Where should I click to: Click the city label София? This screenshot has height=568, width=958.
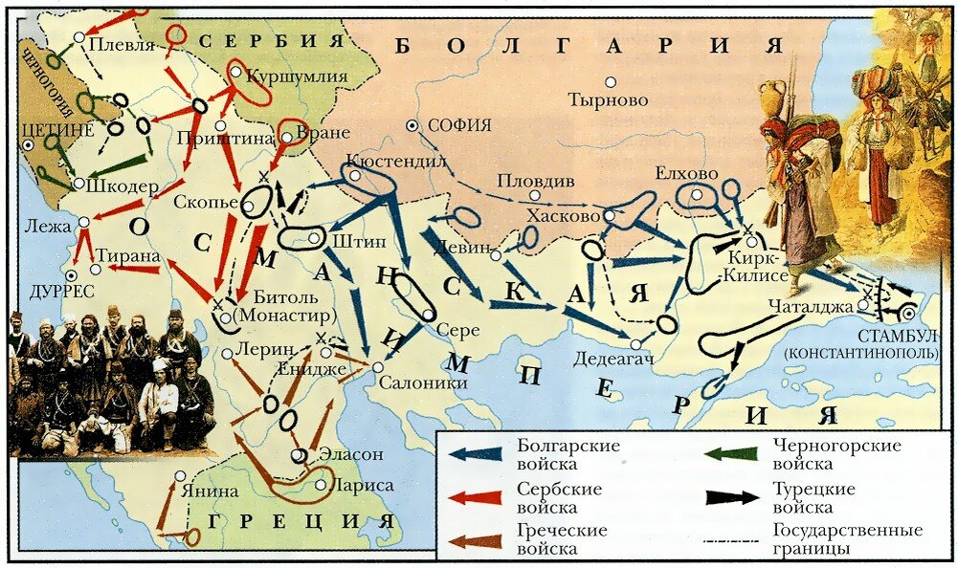click(459, 124)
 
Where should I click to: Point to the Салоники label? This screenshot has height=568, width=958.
click(423, 382)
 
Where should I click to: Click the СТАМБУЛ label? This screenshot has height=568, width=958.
click(900, 337)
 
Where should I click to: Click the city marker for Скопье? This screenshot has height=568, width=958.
click(236, 202)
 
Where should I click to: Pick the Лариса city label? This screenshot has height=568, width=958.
click(360, 485)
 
